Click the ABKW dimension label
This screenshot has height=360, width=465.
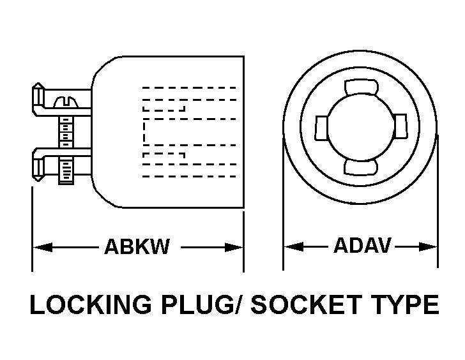click(137, 247)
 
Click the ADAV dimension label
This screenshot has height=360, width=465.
click(362, 246)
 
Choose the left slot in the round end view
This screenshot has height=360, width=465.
click(321, 127)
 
